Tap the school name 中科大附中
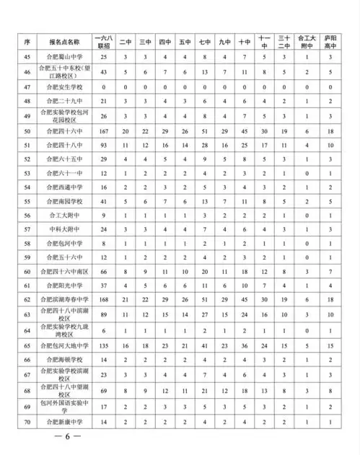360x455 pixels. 70,229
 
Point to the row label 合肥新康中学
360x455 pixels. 70,421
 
